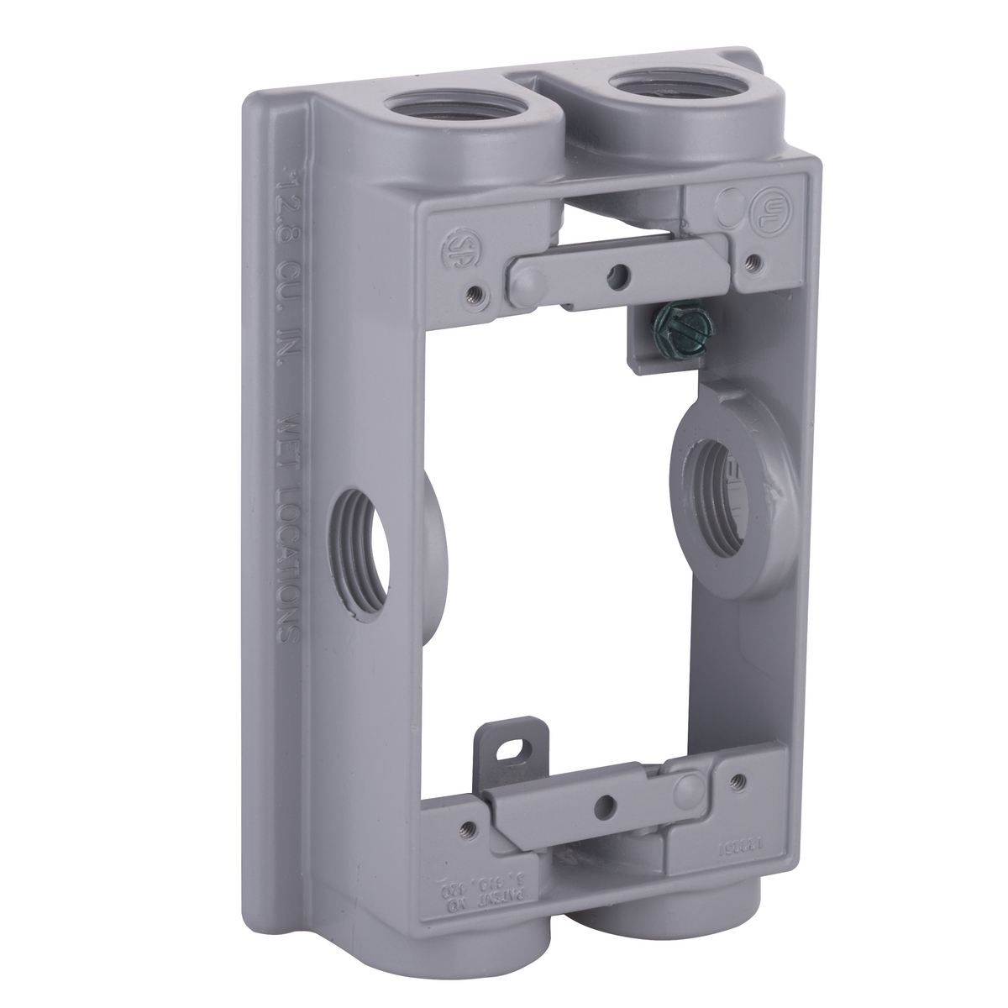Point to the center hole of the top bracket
620,273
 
